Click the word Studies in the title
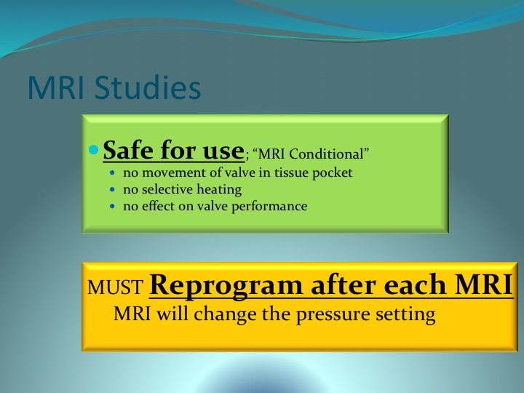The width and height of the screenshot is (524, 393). click(148, 87)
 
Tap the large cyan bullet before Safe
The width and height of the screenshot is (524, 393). click(94, 150)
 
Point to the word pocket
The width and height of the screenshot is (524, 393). click(332, 173)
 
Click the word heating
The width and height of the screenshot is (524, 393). click(219, 190)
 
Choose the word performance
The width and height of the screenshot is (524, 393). click(269, 207)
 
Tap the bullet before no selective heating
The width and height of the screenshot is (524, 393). click(112, 190)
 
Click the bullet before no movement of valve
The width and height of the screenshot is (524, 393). click(112, 173)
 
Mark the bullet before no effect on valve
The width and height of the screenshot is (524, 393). click(112, 207)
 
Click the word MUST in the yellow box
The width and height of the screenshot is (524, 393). click(115, 287)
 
